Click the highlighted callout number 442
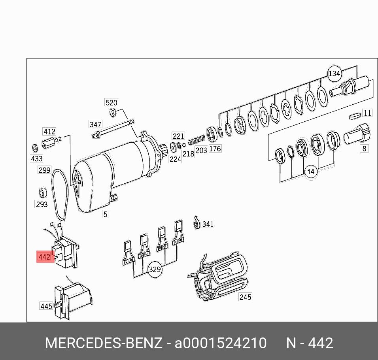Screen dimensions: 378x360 pos(45,257)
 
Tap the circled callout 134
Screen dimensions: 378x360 pos(335,73)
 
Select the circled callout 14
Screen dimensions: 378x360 pos(311,172)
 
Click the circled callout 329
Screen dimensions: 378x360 pos(155,270)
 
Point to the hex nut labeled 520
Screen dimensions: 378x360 pos(113,112)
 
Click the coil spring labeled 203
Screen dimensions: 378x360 pos(197,139)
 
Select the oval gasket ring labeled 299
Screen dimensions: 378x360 pos(60,195)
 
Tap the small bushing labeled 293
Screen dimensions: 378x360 pos(43,193)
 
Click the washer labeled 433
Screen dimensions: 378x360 pos(35,148)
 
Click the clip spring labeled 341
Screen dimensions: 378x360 pos(197,222)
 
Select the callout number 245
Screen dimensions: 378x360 pos(245,297)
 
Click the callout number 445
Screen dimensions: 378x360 pos(46,306)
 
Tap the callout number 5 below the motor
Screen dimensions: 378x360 pos(105,214)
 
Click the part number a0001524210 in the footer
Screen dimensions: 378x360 pos(221,343)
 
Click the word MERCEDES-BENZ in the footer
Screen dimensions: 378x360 pos(104,343)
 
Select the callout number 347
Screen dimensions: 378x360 pos(95,124)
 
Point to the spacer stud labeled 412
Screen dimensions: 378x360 pos(51,143)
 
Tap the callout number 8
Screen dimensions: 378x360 pos(364,149)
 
